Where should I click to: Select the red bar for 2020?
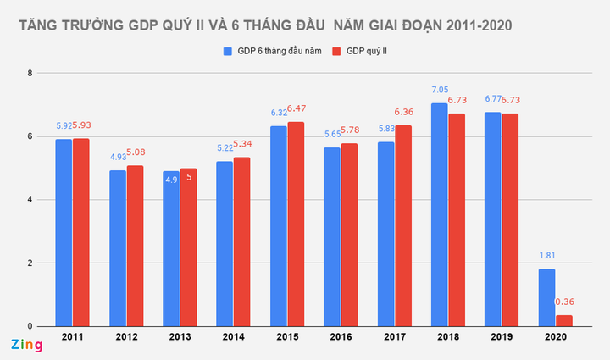[563, 320]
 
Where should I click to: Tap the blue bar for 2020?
[546, 297]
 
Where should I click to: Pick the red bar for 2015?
[296, 224]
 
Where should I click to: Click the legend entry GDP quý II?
[369, 52]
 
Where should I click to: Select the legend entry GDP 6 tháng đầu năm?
[272, 52]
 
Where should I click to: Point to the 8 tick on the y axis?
[30, 74]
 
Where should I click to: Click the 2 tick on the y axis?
[30, 263]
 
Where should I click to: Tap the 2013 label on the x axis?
[180, 338]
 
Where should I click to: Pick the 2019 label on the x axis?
[502, 338]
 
